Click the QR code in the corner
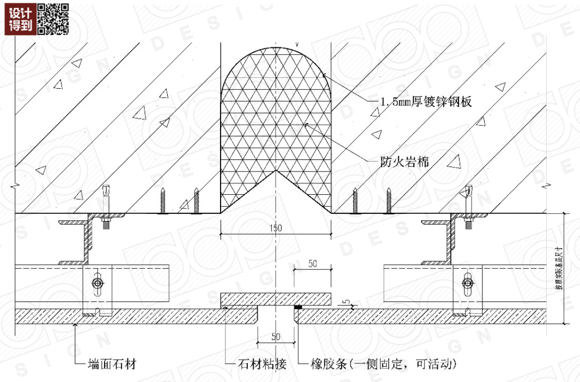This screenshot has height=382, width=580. click(x=53, y=19)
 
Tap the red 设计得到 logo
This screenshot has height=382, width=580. click(x=21, y=19)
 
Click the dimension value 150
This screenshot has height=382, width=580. click(x=276, y=229)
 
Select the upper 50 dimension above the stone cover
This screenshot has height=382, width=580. click(x=312, y=264)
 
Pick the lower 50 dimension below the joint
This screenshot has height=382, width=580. click(x=276, y=337)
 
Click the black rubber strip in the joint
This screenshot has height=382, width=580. click(x=298, y=308)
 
